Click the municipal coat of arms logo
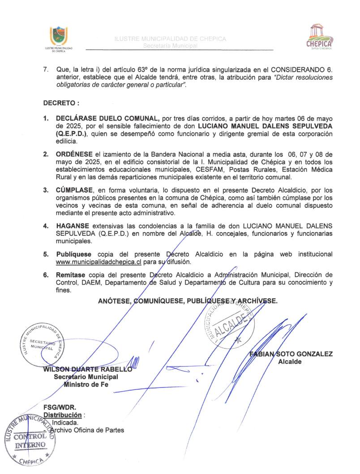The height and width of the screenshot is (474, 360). click(x=59, y=36)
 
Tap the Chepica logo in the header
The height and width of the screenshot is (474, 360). click(x=318, y=36)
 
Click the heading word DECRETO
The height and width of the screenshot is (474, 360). click(x=58, y=103)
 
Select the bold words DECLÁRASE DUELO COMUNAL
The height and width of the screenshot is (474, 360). click(x=108, y=118)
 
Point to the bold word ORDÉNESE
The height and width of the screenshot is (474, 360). click(x=75, y=154)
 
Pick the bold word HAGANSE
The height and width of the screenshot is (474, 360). click(x=73, y=226)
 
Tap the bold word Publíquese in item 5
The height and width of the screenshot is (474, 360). click(x=74, y=254)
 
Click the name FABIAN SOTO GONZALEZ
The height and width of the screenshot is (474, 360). click(x=291, y=354)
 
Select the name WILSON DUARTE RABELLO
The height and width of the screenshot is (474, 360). click(x=87, y=370)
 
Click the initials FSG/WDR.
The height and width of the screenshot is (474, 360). click(x=60, y=408)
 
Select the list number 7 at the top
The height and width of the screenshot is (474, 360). click(x=45, y=70)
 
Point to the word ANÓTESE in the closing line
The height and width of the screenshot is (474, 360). click(x=114, y=301)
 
